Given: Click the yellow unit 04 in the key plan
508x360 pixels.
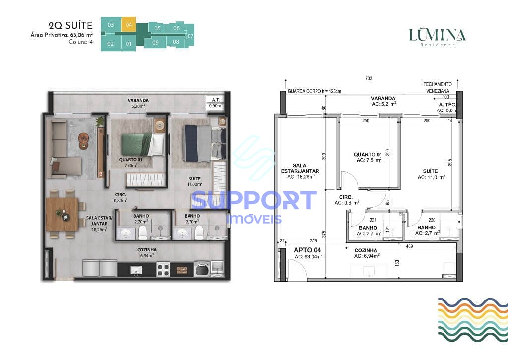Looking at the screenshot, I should click(129, 24).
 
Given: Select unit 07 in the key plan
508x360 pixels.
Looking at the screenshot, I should click(190, 36).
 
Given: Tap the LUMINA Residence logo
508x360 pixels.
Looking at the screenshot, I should click(437, 37).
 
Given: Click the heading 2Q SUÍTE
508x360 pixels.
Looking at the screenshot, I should click(71, 25).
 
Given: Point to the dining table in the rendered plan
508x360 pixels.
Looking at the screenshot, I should click(62, 214).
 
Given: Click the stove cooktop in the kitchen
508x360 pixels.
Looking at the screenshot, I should click(163, 269).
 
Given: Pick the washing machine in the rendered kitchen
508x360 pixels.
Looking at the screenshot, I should click(201, 269).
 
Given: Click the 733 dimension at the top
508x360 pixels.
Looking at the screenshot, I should click(368, 78).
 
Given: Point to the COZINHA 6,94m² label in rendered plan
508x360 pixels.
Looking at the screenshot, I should click(147, 253).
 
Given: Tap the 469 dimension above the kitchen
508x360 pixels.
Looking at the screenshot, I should click(409, 246).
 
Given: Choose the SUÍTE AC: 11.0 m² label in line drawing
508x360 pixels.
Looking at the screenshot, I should click(431, 173).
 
